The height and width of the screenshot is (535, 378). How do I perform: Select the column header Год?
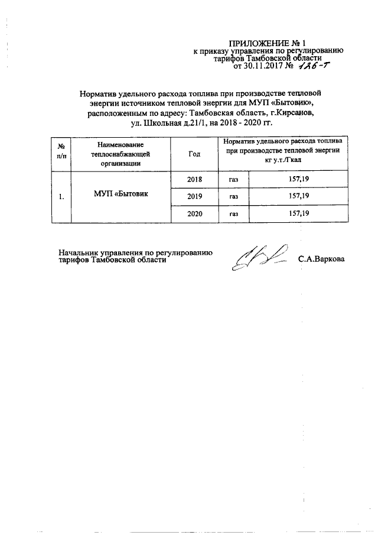[194, 154]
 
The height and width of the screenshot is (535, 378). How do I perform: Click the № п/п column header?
[61, 154]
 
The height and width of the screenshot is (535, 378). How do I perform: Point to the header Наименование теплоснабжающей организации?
[120, 154]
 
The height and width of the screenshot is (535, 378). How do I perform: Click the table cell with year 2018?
[194, 178]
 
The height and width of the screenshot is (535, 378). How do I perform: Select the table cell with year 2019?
[194, 196]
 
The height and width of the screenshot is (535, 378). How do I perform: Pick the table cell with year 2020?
[194, 214]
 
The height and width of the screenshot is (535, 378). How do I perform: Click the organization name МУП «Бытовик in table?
[120, 196]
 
